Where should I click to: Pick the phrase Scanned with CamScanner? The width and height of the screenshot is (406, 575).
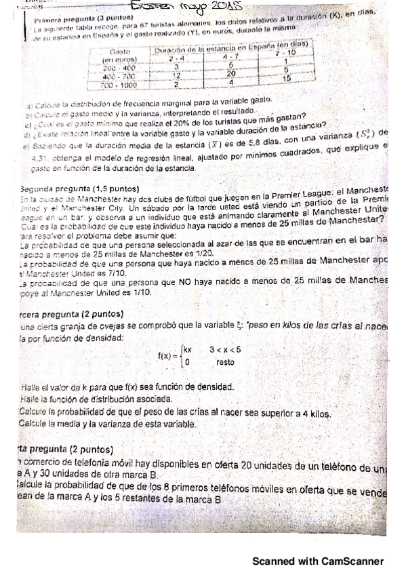318,561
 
